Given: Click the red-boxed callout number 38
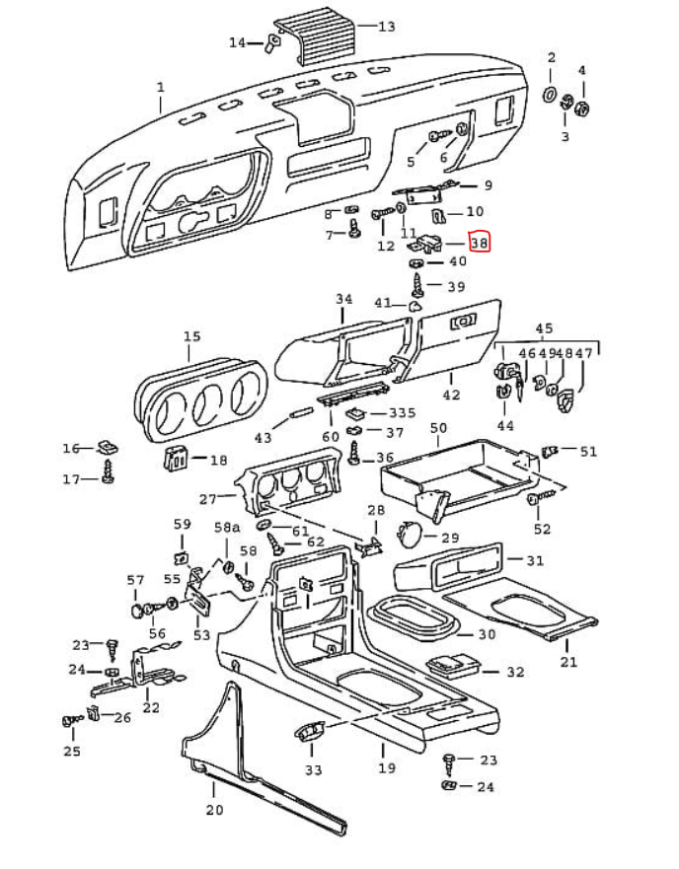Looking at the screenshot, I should coord(480,241).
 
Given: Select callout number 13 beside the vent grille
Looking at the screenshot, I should coord(386,27).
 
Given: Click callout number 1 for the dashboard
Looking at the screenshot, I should coord(160,88).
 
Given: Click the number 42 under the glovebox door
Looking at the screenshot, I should coord(451,395).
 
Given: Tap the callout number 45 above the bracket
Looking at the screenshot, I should coord(544,328).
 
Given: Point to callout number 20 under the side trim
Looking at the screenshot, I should coord(214,810).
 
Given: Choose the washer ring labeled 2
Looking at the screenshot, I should coord(551,96).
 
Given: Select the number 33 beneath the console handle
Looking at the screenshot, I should coord(313,769).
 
